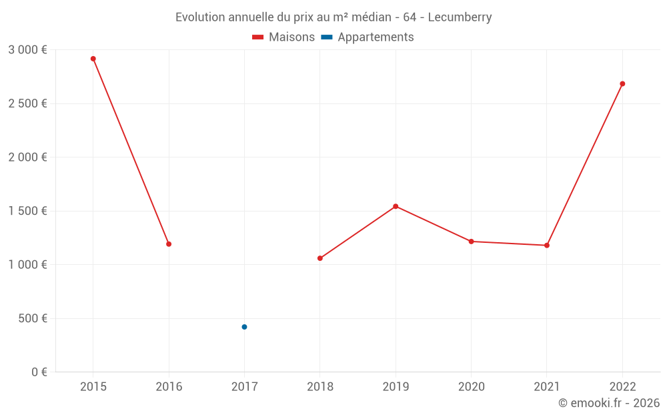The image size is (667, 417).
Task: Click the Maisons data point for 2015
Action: click(x=93, y=59)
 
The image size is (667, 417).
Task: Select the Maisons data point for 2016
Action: click(x=169, y=244)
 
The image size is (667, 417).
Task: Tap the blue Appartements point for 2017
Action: click(x=244, y=327)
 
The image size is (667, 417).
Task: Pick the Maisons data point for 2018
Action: click(x=320, y=258)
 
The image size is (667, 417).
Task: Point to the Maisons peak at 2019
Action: click(x=396, y=206)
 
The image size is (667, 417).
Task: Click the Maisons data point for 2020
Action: click(x=472, y=242)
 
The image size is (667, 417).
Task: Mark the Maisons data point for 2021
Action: click(x=547, y=246)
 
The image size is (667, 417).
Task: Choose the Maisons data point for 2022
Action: click(x=622, y=84)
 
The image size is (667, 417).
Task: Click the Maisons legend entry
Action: click(x=283, y=37)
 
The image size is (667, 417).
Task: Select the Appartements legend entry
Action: click(x=368, y=37)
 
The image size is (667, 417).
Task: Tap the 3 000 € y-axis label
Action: click(x=27, y=50)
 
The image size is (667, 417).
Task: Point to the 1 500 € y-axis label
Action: click(x=27, y=211)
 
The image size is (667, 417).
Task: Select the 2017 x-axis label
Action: click(x=244, y=386)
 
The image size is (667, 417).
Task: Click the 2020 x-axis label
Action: click(x=472, y=386)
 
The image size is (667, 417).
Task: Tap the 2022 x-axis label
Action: click(x=622, y=386)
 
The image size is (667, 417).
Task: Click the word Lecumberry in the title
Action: click(x=460, y=17)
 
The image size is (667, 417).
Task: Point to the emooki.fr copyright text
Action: click(x=609, y=403)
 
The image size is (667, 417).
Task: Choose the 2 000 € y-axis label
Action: click(x=27, y=157)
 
